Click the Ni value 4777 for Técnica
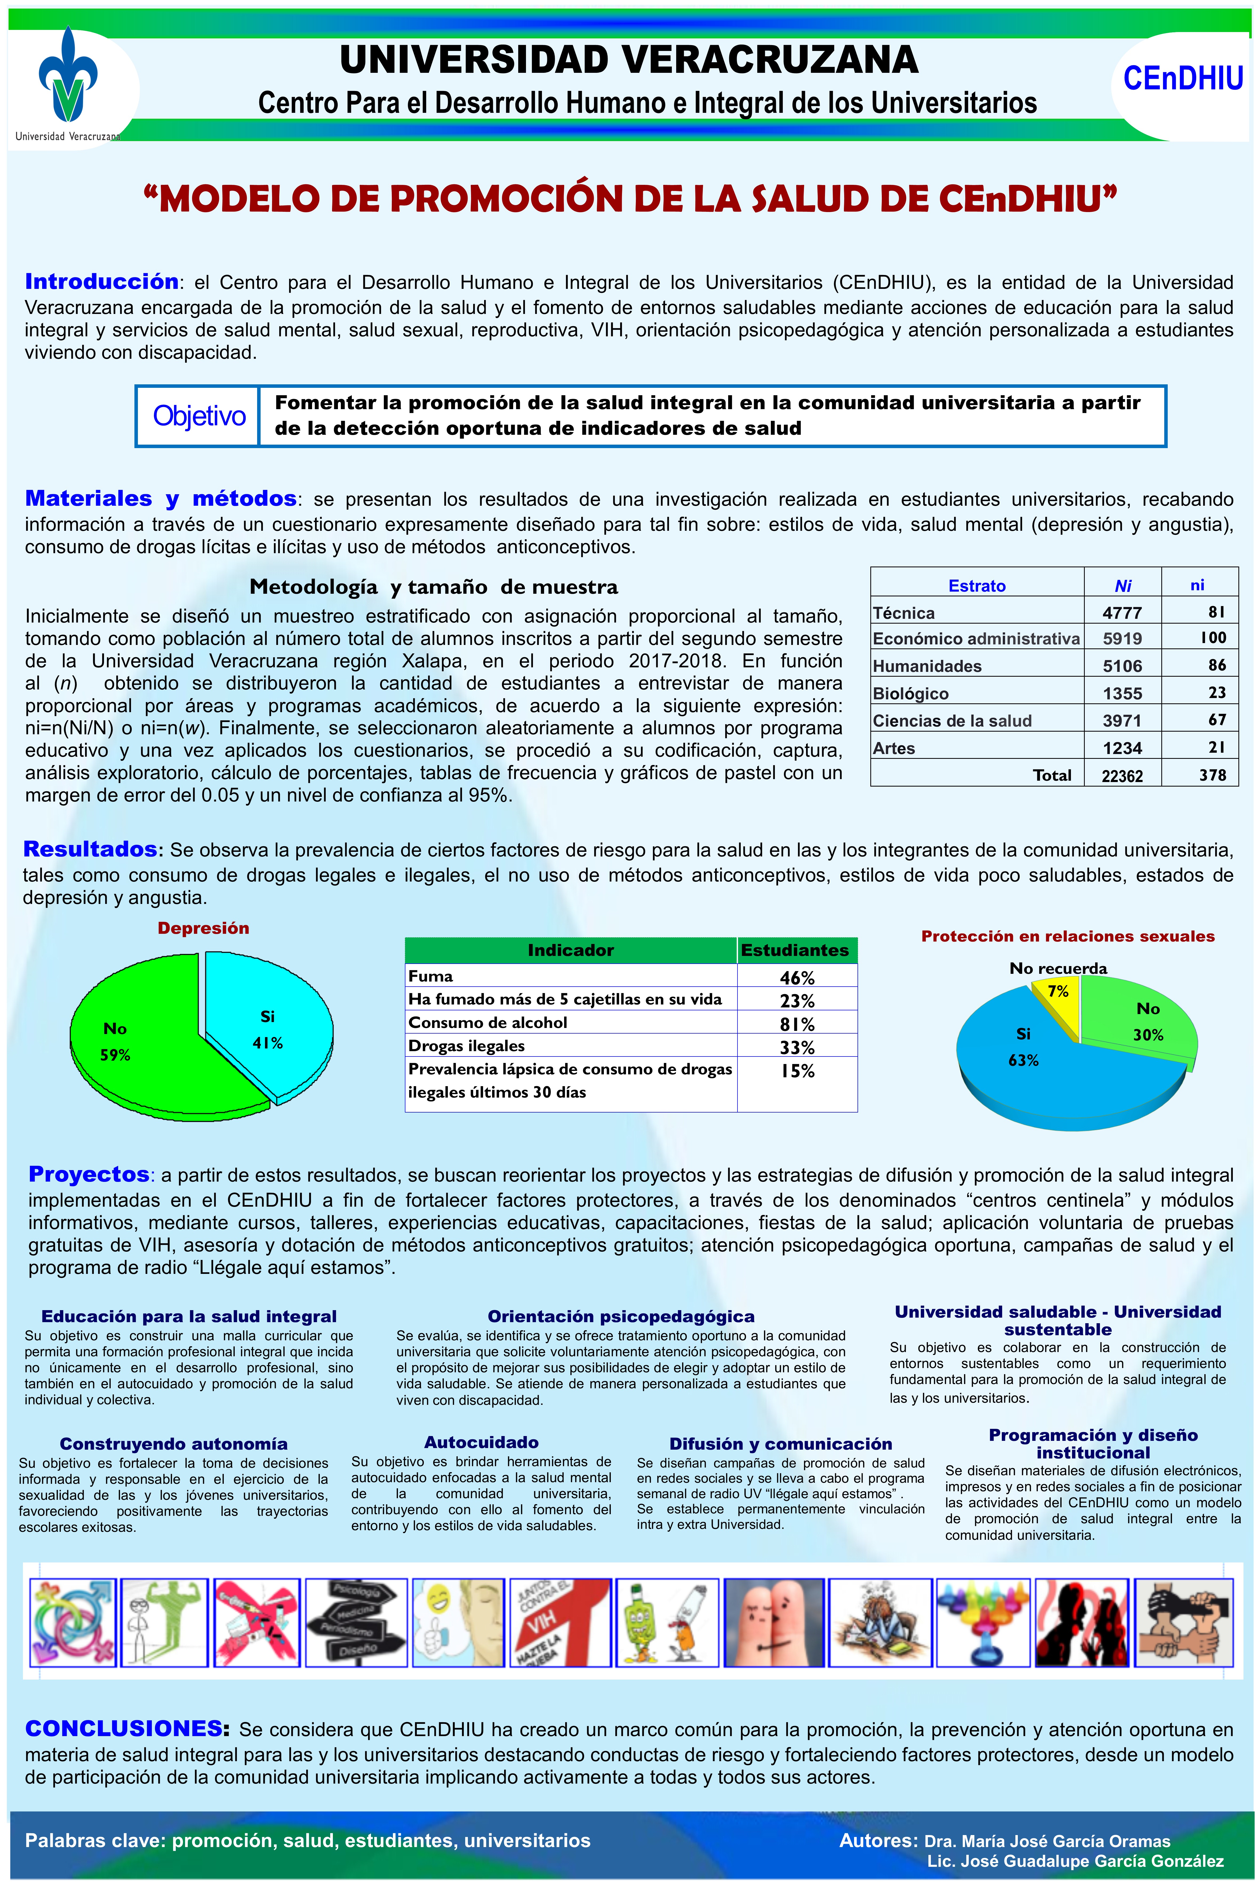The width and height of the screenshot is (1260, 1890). tap(1122, 613)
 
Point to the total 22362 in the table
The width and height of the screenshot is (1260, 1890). tap(1122, 775)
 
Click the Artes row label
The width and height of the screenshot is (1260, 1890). tap(894, 748)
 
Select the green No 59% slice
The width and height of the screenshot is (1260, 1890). tap(137, 1045)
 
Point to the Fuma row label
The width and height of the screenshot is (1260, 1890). tap(431, 976)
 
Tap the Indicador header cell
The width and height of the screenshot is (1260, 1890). tap(571, 951)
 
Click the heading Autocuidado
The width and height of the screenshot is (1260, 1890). tap(481, 1442)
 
